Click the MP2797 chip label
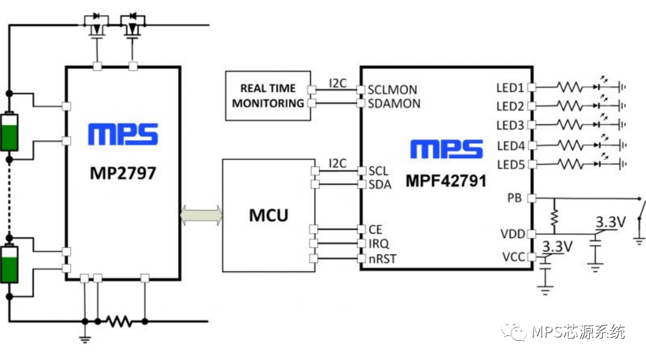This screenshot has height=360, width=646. pyautogui.click(x=122, y=172)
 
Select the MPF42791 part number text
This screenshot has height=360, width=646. pyautogui.click(x=447, y=181)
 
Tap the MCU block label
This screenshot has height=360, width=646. pyautogui.click(x=269, y=216)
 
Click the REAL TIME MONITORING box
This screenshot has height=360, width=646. pyautogui.click(x=268, y=96)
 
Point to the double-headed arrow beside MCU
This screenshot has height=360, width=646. pyautogui.click(x=201, y=215)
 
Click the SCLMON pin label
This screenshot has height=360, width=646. pyautogui.click(x=392, y=89)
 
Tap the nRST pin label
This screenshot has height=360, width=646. pyautogui.click(x=381, y=258)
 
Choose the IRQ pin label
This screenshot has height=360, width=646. pyautogui.click(x=379, y=244)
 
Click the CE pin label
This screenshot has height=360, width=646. pyautogui.click(x=375, y=229)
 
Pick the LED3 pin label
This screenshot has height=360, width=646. pyautogui.click(x=510, y=126)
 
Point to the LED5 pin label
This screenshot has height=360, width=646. pyautogui.click(x=510, y=164)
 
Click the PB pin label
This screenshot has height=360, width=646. pyautogui.click(x=515, y=199)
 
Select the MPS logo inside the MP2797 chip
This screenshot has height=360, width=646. pyautogui.click(x=123, y=134)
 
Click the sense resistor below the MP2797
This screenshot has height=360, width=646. pyautogui.click(x=119, y=321)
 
